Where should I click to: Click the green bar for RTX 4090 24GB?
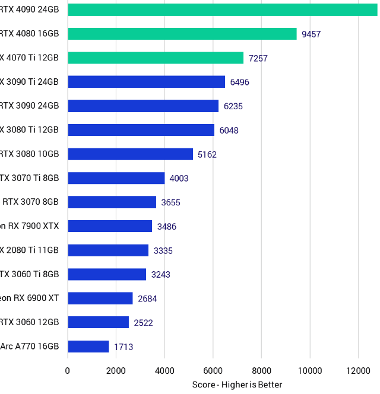(x=223, y=9)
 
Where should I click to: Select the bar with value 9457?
(x=182, y=34)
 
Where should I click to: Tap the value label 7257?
(x=258, y=58)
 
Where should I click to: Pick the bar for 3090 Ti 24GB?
(x=147, y=82)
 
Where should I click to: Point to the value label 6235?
(x=233, y=106)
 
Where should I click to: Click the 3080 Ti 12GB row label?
(x=30, y=130)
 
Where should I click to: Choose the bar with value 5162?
(x=131, y=154)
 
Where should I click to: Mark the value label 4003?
(x=179, y=178)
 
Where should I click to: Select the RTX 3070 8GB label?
(x=31, y=202)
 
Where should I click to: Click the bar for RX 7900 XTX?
(x=110, y=226)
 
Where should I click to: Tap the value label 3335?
(x=163, y=250)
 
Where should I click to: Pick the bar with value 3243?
(x=107, y=274)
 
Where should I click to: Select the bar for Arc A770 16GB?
(x=88, y=347)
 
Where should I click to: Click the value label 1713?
(x=123, y=347)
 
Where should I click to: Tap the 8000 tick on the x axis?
(x=261, y=371)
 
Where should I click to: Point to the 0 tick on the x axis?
(x=68, y=371)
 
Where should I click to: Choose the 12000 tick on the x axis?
(x=358, y=371)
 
